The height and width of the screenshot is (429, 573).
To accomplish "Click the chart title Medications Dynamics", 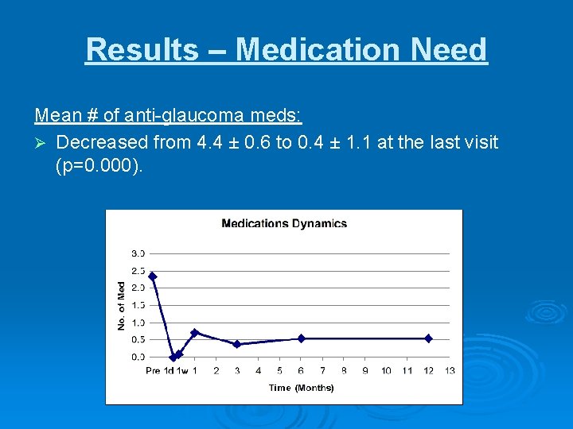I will click(284, 223).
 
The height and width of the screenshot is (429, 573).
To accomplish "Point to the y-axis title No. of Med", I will click(122, 306).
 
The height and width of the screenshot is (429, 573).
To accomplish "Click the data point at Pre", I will click(152, 276).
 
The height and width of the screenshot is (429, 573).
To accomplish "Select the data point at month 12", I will click(428, 338).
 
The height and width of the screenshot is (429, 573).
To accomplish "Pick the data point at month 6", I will click(301, 338).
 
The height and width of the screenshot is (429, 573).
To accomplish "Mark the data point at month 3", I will click(237, 344).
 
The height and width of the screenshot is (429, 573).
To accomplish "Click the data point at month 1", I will click(194, 333).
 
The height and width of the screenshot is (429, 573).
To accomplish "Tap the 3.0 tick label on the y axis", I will click(138, 253).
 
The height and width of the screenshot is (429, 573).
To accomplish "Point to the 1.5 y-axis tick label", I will click(138, 305).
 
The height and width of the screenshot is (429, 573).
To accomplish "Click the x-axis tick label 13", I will click(450, 371).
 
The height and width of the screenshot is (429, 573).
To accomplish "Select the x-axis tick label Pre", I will click(153, 371).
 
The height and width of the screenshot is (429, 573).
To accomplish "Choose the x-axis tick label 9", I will click(364, 371).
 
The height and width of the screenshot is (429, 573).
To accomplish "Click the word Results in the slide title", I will click(142, 49).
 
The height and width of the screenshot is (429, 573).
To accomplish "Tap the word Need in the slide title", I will click(450, 49).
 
